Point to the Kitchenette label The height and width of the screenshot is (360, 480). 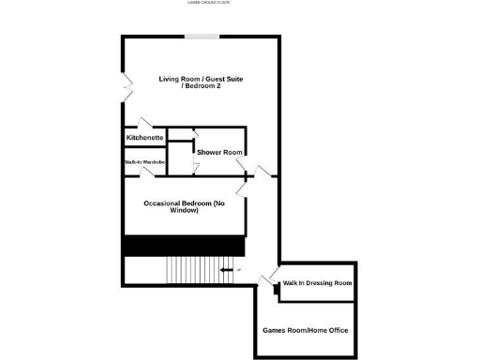click(x=144, y=138)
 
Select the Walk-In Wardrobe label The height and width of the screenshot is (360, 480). click(x=144, y=161)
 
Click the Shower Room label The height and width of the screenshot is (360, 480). click(x=220, y=152)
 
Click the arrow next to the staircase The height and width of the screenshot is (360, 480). click(x=228, y=270)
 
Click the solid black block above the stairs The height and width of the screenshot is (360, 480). click(x=184, y=247)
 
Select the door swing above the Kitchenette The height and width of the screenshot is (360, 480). click(x=146, y=123)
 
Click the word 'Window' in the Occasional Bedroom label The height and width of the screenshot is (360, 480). click(x=185, y=211)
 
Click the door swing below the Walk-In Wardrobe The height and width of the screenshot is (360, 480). click(x=146, y=178)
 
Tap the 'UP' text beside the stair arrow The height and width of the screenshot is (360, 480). click(x=239, y=270)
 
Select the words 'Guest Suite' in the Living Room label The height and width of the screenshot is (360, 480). click(x=222, y=82)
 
